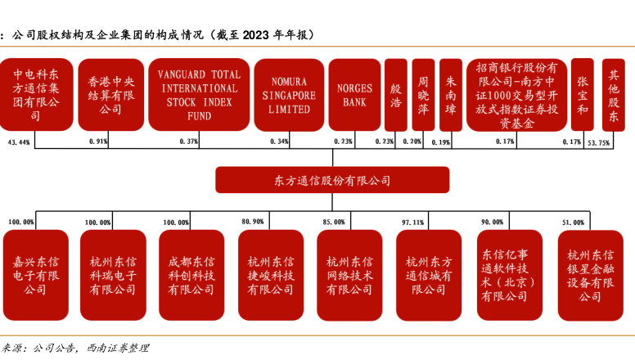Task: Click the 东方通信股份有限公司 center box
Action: (331, 180)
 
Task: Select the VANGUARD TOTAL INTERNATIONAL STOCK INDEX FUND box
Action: (199, 95)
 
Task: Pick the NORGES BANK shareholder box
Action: (354, 95)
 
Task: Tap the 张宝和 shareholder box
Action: (582, 95)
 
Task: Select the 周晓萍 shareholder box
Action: (423, 95)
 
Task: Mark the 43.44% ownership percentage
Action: (19, 142)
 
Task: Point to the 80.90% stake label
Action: (253, 222)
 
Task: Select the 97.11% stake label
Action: (412, 222)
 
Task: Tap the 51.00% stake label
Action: (573, 222)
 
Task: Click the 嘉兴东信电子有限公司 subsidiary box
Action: (35, 275)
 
